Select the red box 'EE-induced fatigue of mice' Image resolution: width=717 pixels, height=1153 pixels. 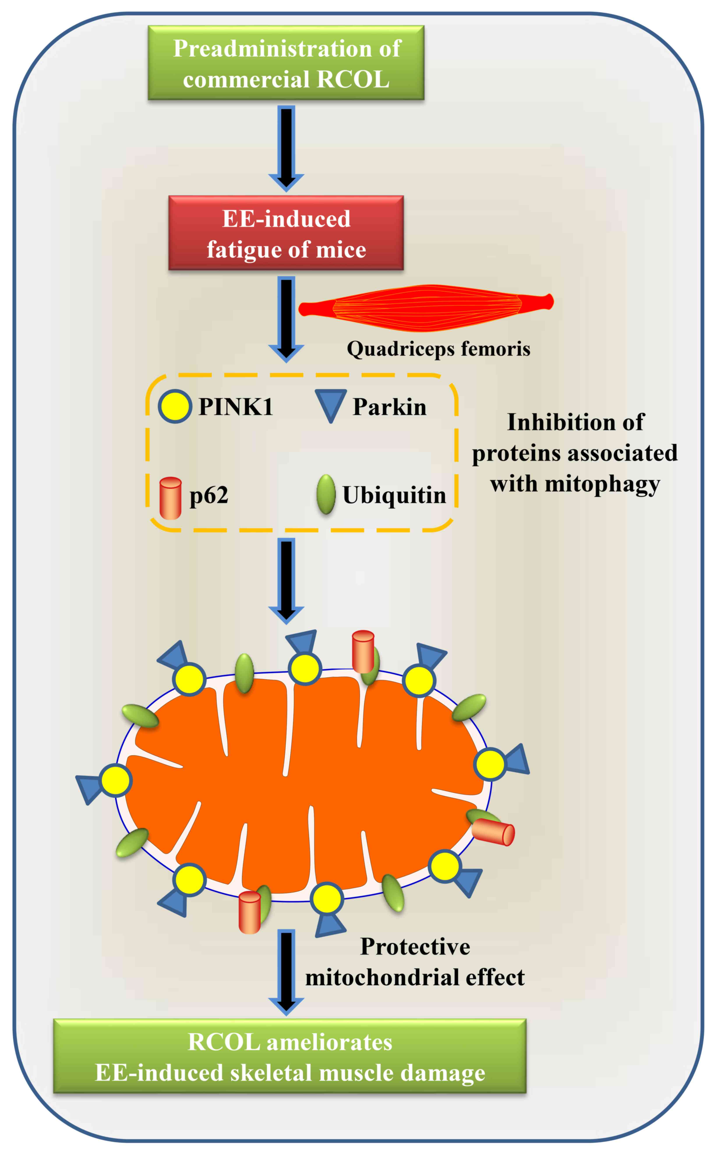[x=286, y=233]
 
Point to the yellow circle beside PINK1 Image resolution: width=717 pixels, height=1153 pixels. [x=175, y=407]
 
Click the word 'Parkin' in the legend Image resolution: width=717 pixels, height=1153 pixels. [x=389, y=407]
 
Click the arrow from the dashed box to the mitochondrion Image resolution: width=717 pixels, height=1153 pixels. [x=286, y=579]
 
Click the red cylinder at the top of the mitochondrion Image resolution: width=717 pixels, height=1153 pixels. [x=363, y=651]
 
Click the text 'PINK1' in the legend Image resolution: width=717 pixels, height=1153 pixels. [x=236, y=407]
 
